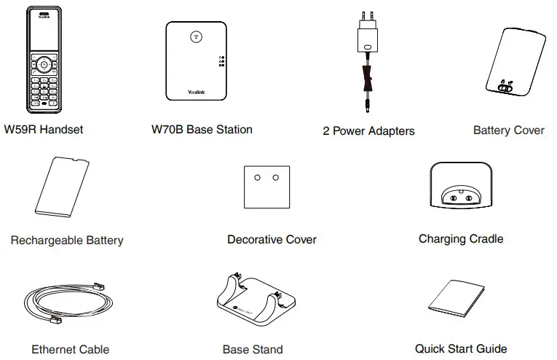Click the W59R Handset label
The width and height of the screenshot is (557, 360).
pos(43,130)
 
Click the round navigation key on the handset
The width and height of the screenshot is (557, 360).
pos(44,64)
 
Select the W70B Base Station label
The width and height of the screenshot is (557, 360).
pos(202,130)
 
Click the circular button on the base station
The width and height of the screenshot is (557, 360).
pos(195,36)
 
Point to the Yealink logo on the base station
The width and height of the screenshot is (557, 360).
pos(195,92)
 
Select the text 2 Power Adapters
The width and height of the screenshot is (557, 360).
pos(368,131)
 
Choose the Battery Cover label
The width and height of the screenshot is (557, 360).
pos(508,130)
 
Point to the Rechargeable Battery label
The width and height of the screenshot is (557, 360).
pos(67,240)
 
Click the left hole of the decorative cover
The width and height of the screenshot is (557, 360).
pos(256,177)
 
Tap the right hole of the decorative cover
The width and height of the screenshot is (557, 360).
pos(276,177)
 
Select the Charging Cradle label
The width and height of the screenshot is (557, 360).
pos(460,238)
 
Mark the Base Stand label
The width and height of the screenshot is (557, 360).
pos(253,349)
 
